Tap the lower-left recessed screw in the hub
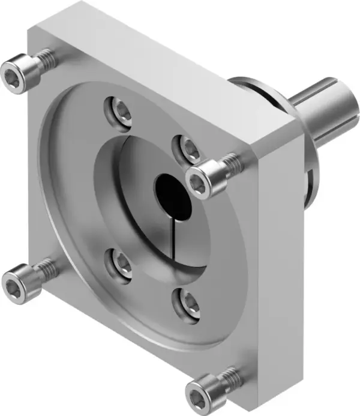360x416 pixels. point(121,265)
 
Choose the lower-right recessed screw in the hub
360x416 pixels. point(187,301)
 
